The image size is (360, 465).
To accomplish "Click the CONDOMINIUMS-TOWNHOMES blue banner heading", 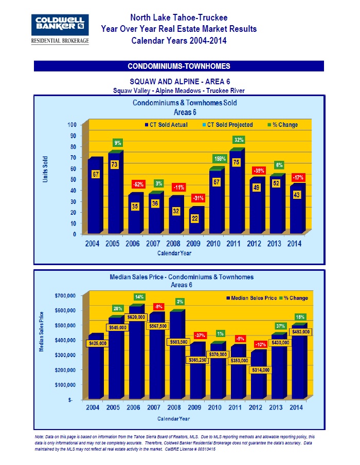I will (x=179, y=66).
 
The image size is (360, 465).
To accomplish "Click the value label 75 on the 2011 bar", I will (x=237, y=162).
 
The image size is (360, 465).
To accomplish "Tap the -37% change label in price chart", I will (x=200, y=335).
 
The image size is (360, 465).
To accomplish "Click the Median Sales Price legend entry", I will (x=253, y=298).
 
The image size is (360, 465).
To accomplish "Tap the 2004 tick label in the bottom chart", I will (x=92, y=407).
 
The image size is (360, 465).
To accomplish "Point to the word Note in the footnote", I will (x=39, y=436).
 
